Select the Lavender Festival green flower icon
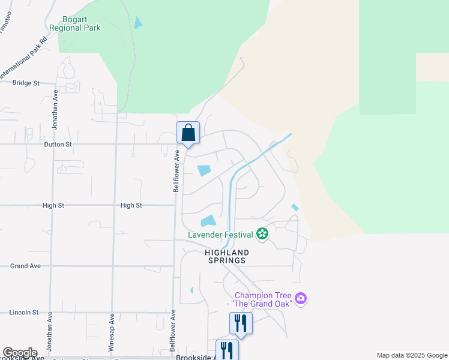point(262,233)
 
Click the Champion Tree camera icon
point(301,298)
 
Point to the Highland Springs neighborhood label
point(227,257)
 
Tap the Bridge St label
point(26,83)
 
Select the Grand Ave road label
point(26,266)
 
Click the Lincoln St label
point(24,313)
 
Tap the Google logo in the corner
point(20,353)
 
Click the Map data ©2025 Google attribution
point(412,355)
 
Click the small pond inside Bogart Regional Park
point(139,23)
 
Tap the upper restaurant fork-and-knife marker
point(241,323)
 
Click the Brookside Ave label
point(197,357)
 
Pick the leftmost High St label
point(53,205)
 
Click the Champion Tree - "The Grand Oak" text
point(262,299)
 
